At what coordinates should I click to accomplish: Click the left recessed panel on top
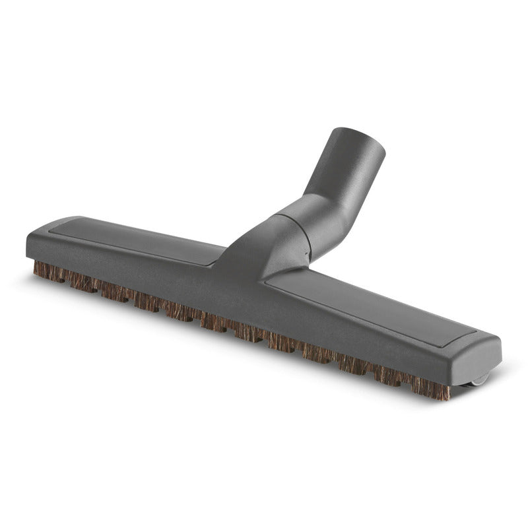(x=132, y=238)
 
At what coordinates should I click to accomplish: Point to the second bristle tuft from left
(x=82, y=282)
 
